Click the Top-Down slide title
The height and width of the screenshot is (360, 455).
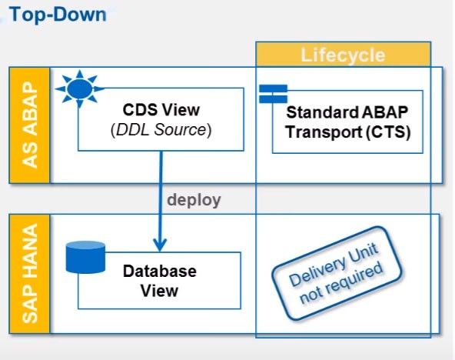click(x=58, y=15)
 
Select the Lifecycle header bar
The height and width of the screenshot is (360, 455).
click(x=344, y=55)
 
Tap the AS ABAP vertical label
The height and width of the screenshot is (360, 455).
click(x=30, y=125)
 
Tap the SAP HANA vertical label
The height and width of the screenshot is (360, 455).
click(x=30, y=274)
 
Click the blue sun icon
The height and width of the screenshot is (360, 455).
click(x=79, y=88)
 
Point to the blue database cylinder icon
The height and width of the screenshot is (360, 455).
click(x=85, y=257)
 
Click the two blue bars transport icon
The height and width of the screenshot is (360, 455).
click(x=273, y=94)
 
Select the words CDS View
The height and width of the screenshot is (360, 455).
click(x=161, y=110)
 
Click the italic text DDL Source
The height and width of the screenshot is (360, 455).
click(x=161, y=130)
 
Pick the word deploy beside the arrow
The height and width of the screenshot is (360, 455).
click(x=194, y=200)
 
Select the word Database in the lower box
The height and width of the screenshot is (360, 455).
click(x=160, y=272)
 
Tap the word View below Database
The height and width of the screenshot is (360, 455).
click(x=159, y=291)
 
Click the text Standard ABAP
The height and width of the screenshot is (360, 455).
click(x=347, y=112)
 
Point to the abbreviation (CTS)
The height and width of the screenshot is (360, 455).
click(x=388, y=132)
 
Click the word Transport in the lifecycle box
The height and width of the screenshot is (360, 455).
click(x=324, y=132)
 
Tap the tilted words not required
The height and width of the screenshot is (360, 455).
click(x=341, y=283)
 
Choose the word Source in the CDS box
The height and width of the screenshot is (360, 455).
click(x=180, y=130)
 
